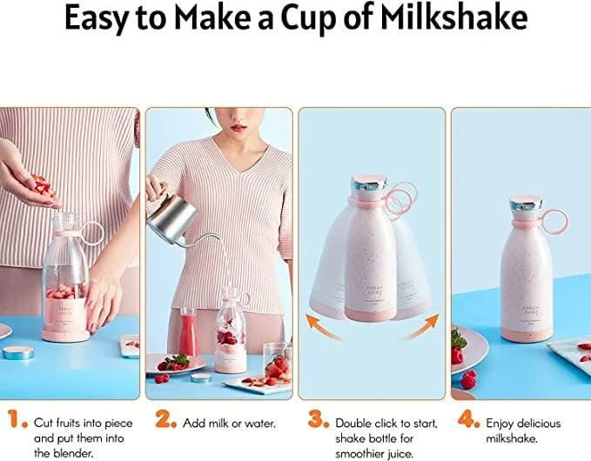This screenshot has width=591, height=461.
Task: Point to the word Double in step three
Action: click(356, 423)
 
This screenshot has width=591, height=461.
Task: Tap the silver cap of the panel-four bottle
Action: click(526, 204)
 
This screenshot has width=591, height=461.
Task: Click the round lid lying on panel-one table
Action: click(17, 352)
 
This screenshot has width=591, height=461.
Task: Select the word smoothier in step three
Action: click(364, 453)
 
